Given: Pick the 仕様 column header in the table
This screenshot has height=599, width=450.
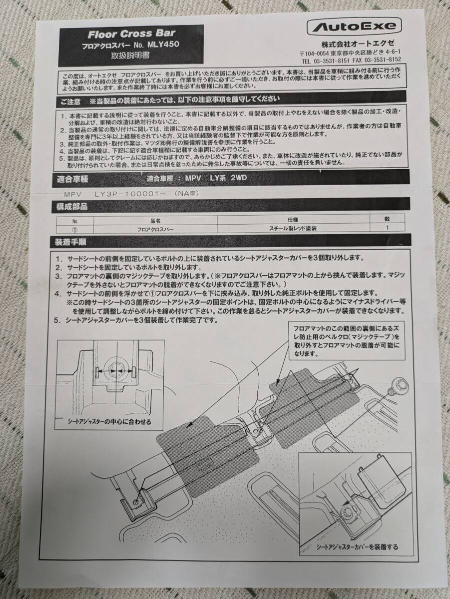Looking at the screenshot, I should pyautogui.click(x=293, y=220).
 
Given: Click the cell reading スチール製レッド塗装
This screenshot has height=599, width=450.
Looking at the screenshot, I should pyautogui.click(x=293, y=228).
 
